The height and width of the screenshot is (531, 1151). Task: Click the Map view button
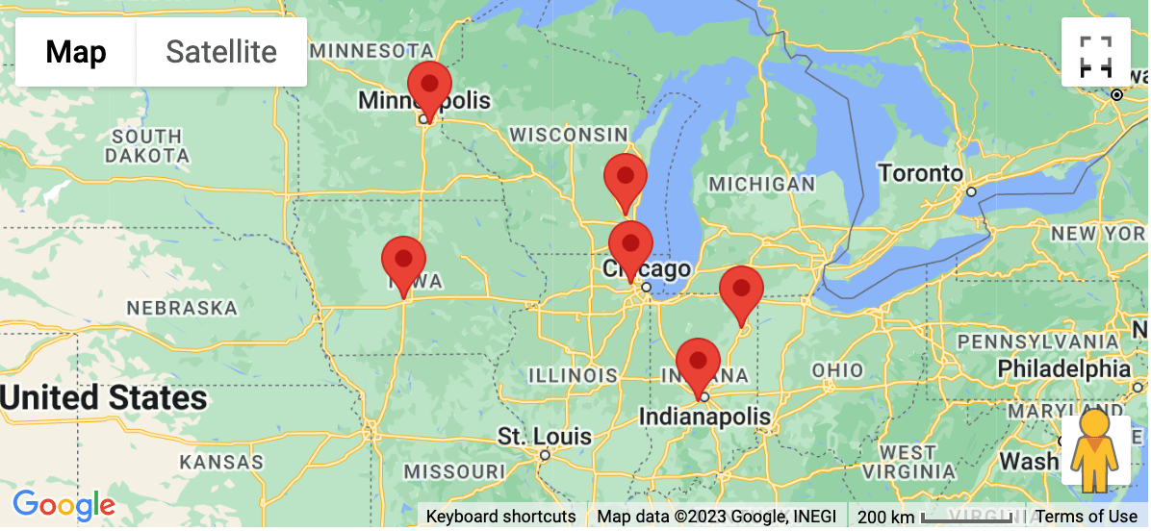pos(76,52)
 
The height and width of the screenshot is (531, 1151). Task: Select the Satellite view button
pos(221,52)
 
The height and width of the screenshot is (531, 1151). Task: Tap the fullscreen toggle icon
pos(1095,56)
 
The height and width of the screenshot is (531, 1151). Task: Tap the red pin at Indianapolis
pos(698,364)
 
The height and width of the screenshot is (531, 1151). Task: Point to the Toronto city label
pos(919,174)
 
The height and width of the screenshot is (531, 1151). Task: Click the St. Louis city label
pos(544,437)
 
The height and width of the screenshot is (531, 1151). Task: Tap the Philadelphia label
pos(1063,368)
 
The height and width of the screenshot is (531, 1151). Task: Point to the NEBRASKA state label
pos(182,308)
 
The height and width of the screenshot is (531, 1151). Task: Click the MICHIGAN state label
pos(761,184)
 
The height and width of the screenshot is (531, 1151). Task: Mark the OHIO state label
pos(837,370)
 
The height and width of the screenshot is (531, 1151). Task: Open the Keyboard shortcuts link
pos(500,517)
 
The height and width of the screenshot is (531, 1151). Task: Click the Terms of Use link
pos(1086,517)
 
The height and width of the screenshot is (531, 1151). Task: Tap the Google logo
pos(64,504)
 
